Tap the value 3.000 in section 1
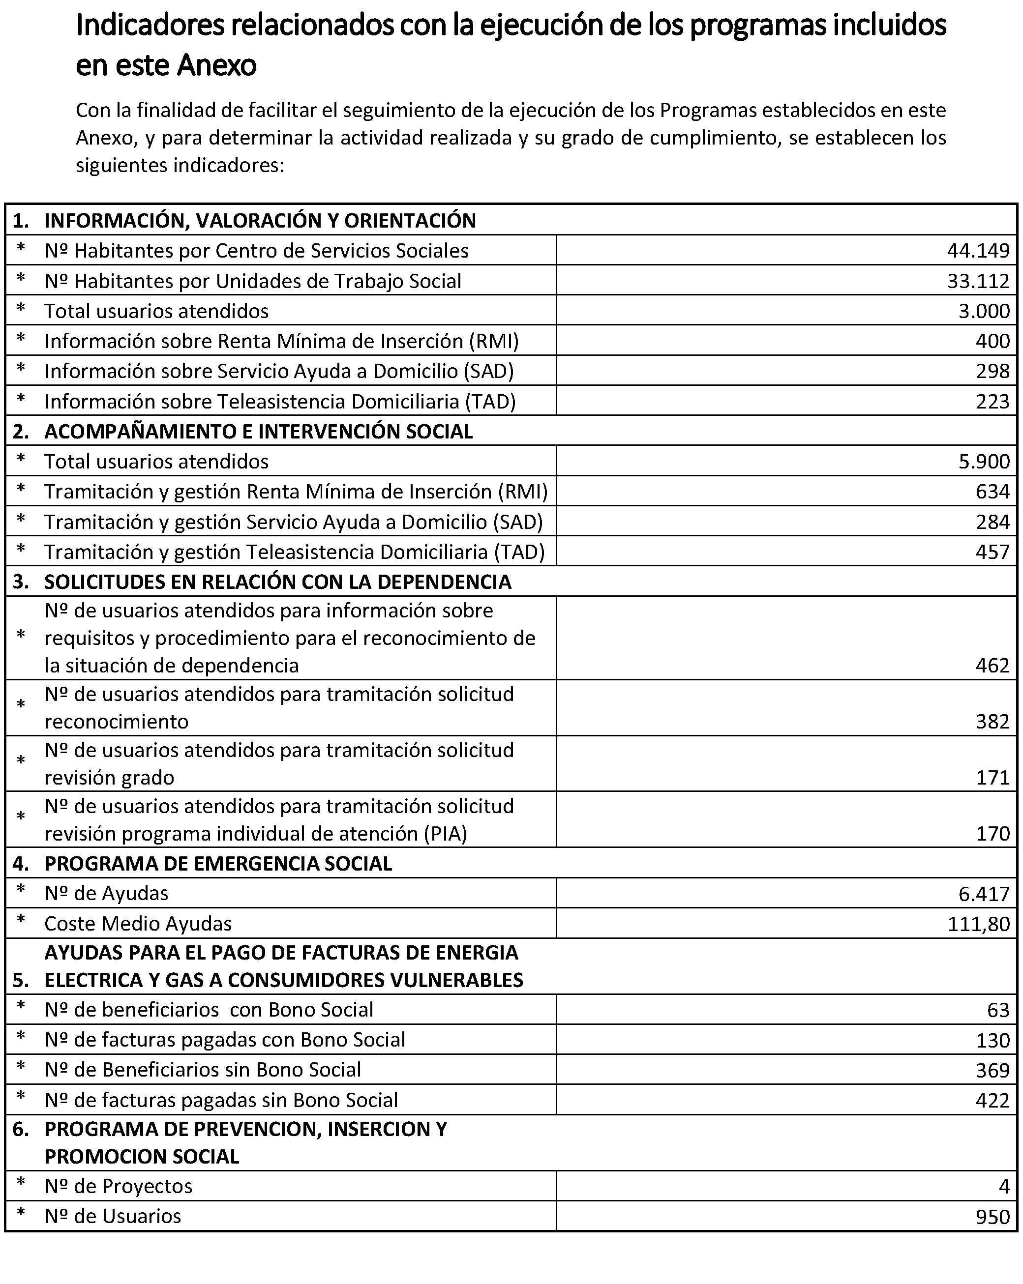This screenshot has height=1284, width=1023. pos(984,311)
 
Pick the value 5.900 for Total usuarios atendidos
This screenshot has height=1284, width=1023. pos(984,462)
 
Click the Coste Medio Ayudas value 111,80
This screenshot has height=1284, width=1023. pos(978,924)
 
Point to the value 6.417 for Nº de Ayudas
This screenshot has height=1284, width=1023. pos(984,894)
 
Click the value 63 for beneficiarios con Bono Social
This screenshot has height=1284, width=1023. pos(998,1010)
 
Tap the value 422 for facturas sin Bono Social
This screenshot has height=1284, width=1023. pos(993,1100)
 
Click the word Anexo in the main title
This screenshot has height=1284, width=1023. pos(217,65)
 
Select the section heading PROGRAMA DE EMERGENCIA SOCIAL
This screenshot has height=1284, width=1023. pos(218,864)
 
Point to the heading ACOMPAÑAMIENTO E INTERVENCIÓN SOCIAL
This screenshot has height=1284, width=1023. pos(259,432)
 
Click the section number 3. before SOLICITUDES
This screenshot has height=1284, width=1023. pos(21,582)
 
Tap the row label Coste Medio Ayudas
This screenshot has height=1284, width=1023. pos(138,924)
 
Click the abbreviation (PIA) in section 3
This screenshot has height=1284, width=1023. pos(445,834)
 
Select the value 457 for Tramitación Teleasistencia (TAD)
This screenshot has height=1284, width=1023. pos(993,552)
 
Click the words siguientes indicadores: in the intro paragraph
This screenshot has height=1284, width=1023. pos(180,165)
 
